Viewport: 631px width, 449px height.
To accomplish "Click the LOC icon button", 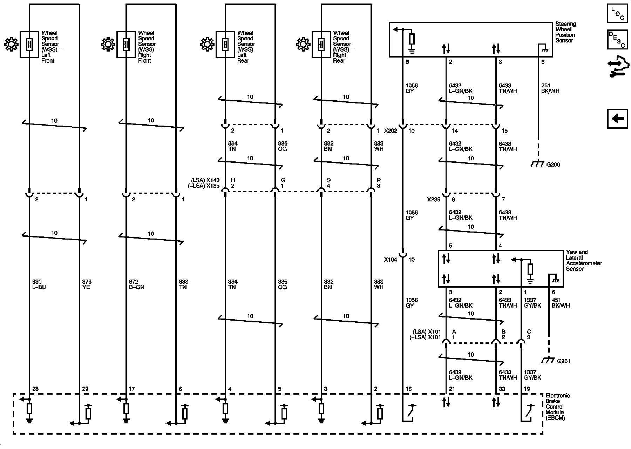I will [x=617, y=13].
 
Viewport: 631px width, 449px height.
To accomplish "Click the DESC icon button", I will [x=617, y=39].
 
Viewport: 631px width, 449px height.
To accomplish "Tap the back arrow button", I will [x=617, y=119].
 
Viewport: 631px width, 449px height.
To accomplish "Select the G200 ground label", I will [x=553, y=165].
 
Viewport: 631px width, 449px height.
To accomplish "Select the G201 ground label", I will [x=563, y=361].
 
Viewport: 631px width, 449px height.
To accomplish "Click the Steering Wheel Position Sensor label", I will [x=565, y=32].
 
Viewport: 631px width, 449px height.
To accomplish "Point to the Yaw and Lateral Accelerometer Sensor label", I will [x=584, y=260].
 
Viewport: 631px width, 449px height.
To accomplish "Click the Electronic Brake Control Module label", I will [x=557, y=407].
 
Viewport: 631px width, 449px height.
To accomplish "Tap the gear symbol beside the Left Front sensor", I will [x=11, y=45].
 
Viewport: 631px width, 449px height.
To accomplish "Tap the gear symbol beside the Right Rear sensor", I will [x=303, y=45].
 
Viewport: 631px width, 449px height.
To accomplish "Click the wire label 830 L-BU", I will [x=39, y=284].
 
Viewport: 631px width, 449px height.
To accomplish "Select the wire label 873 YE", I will [x=86, y=284].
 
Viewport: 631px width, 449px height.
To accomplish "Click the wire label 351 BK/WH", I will [x=550, y=88].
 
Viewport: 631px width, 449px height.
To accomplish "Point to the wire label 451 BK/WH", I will [x=561, y=303].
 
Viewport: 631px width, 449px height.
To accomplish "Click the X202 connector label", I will [x=390, y=131].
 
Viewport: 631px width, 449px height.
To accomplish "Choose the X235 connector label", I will [x=433, y=200].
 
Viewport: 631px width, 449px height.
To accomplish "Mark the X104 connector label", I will [x=390, y=260].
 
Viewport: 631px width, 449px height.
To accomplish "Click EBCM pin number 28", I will [x=35, y=389].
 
